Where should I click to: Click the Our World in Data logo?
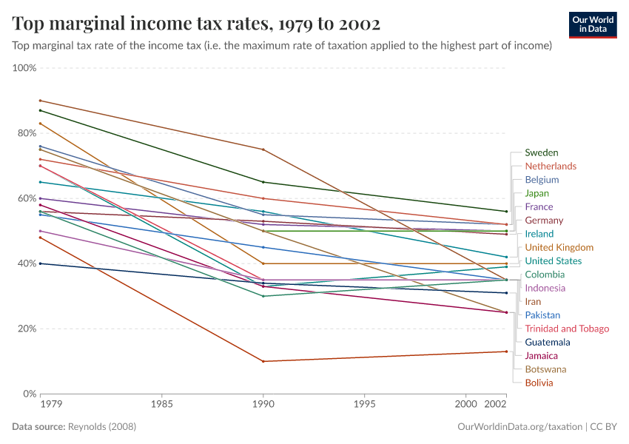[593, 24]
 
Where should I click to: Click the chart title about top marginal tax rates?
[196, 24]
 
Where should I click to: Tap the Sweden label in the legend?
[541, 152]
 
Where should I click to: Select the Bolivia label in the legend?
[539, 383]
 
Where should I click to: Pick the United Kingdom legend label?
[559, 247]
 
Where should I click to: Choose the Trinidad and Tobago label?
[567, 329]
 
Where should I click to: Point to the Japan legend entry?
[536, 193]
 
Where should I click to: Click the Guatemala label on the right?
[547, 342]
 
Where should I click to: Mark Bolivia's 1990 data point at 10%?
[263, 361]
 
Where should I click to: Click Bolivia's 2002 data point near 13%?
[506, 351]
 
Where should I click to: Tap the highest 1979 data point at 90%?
[40, 101]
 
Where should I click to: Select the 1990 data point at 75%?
[263, 149]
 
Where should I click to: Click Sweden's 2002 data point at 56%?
[506, 212]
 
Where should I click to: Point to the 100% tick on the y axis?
[24, 68]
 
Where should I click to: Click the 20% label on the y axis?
[26, 329]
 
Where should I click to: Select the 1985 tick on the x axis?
[162, 405]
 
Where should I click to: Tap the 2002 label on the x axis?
[495, 405]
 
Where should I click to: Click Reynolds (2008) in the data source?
[102, 427]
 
